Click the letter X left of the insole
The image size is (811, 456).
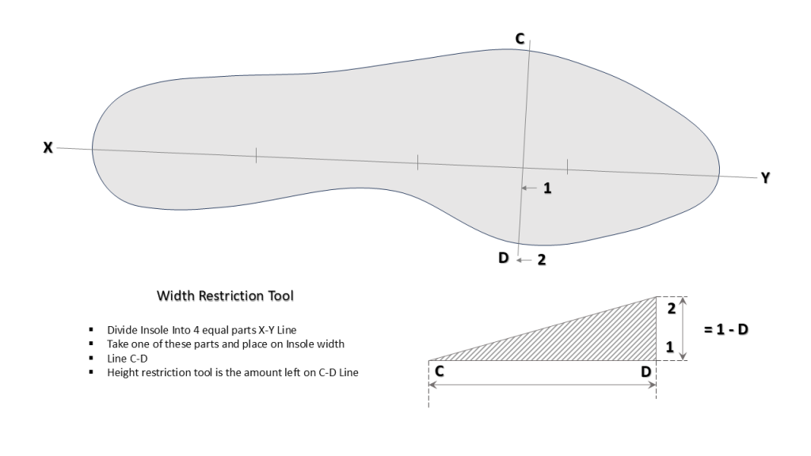(48, 147)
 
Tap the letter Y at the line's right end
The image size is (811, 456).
(765, 178)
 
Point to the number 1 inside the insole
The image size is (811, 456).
(546, 188)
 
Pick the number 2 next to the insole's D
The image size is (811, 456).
(542, 259)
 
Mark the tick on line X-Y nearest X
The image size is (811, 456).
(256, 155)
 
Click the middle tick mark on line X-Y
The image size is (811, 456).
(417, 162)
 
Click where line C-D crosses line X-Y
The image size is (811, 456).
(522, 166)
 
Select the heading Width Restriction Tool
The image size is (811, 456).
(225, 296)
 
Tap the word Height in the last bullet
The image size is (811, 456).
(123, 373)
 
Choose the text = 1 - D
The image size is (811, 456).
(726, 327)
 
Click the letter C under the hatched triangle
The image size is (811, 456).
(438, 370)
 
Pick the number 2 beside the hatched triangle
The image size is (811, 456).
(669, 310)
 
